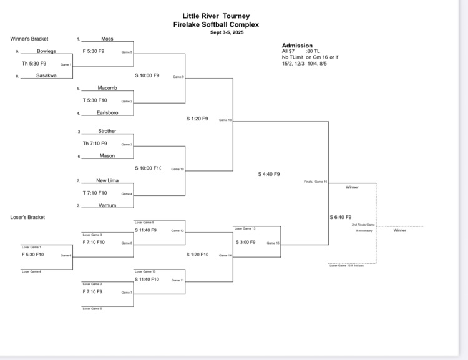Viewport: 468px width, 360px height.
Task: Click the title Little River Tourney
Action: click(216, 16)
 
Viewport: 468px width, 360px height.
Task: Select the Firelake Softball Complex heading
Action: click(216, 25)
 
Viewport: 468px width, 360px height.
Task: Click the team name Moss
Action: click(107, 39)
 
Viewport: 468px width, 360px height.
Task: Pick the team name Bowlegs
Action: click(46, 51)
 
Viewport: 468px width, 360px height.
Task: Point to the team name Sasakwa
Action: click(46, 75)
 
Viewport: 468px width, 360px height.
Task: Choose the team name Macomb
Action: click(107, 88)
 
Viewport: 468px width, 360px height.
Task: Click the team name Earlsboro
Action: click(107, 113)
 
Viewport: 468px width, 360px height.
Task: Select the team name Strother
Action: click(107, 131)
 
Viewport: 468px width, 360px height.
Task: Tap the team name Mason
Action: click(107, 156)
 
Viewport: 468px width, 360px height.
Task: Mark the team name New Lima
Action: click(107, 180)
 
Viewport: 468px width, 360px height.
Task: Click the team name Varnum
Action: click(107, 205)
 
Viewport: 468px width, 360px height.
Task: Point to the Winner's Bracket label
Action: click(29, 39)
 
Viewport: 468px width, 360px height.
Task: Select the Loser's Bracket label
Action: click(28, 217)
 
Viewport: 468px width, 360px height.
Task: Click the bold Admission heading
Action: click(297, 46)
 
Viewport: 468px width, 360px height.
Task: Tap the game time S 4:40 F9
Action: click(269, 174)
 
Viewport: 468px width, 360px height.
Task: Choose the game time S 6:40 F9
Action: click(341, 217)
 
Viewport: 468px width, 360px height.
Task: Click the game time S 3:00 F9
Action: click(245, 242)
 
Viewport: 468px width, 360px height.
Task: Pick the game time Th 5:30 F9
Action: click(34, 63)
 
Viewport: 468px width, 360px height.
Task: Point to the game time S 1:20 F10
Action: click(197, 255)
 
